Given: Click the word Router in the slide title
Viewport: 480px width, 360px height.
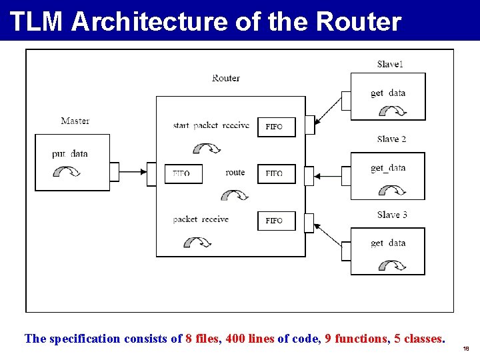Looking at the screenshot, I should click(359, 21).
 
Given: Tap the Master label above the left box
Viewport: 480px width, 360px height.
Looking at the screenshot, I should click(75, 121).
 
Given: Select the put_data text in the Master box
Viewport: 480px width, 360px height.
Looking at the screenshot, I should click(70, 154).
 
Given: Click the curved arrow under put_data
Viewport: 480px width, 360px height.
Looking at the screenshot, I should click(67, 172).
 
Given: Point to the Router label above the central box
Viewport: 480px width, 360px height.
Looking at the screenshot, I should click(226, 78).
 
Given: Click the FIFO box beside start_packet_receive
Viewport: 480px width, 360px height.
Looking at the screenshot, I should click(276, 127).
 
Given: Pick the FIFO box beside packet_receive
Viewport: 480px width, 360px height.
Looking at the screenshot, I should click(276, 221).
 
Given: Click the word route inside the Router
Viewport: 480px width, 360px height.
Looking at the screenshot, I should click(235, 172).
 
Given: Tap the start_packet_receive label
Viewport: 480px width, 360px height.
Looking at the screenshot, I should click(211, 125).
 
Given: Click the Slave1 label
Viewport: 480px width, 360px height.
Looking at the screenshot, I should click(390, 64).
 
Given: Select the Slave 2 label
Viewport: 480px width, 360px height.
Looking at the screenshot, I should click(391, 139).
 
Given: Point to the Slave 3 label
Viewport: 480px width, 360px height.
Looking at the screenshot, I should click(391, 215).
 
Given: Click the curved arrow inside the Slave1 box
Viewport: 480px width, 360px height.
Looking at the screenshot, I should click(392, 112).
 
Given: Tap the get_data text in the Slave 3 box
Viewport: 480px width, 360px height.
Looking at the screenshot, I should click(388, 243).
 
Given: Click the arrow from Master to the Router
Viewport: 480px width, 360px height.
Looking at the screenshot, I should click(133, 172).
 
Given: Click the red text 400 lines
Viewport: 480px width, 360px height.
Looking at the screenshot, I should click(249, 339).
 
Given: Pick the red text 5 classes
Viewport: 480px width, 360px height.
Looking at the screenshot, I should click(418, 339).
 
